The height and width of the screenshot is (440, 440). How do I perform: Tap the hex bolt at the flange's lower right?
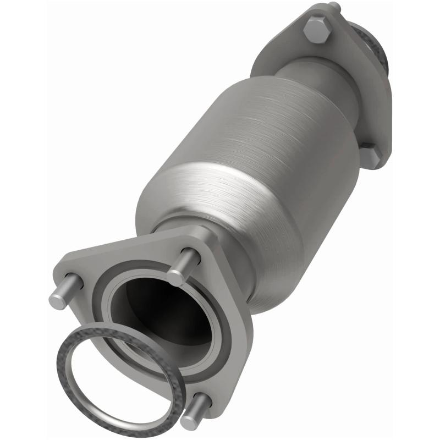370,156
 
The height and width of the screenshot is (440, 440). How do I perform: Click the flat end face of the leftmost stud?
57,301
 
